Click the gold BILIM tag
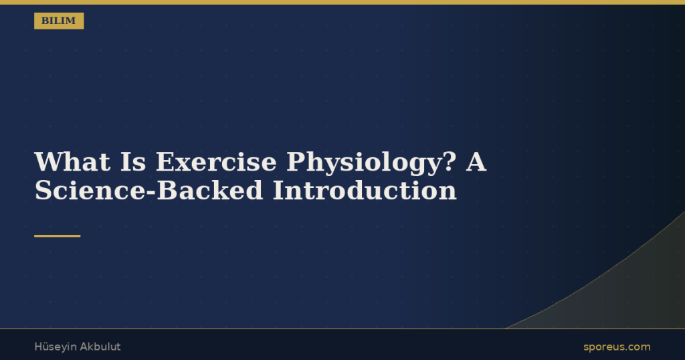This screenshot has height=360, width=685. click(59, 21)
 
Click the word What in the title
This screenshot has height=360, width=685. click(72, 162)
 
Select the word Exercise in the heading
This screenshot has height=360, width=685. click(216, 162)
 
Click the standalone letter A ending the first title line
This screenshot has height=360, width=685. click(476, 162)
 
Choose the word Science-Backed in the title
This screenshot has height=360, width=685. click(149, 191)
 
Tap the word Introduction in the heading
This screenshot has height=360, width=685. click(365, 191)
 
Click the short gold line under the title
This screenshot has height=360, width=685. click(58, 236)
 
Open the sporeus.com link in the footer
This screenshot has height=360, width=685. click(617, 347)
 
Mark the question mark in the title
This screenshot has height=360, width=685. click(450, 162)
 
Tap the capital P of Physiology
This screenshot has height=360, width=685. click(296, 162)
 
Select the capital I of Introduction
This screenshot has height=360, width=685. click(279, 191)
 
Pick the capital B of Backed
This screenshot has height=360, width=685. click(166, 191)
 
